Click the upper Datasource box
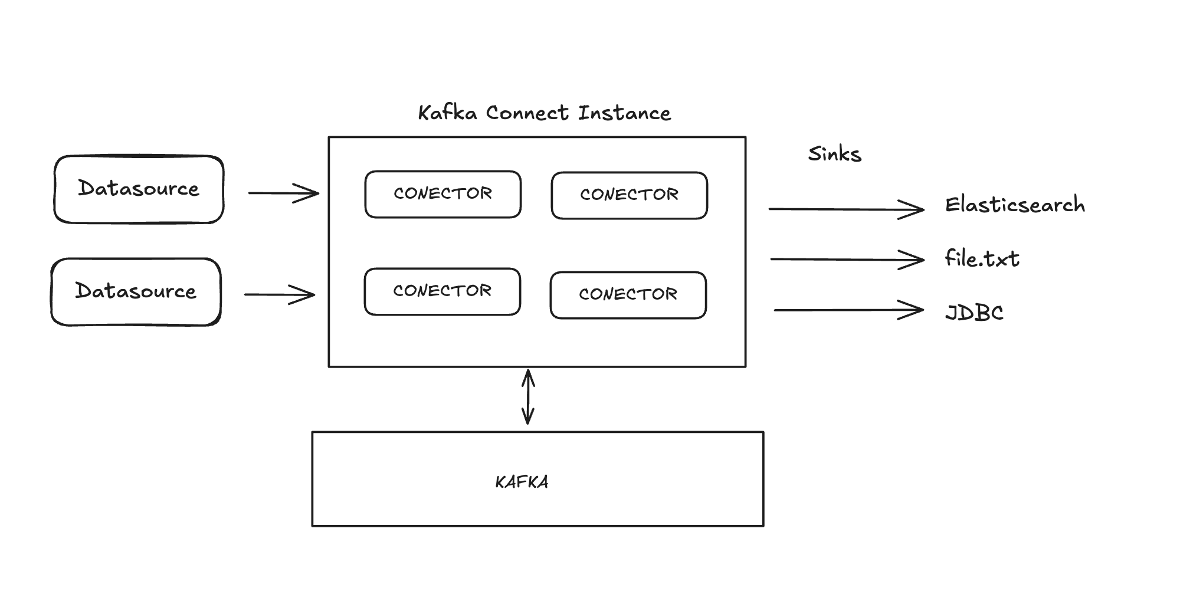pos(139,189)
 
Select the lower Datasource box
pos(136,292)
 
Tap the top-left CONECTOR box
pos(443,195)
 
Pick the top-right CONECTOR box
pos(630,196)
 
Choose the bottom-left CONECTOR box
pos(442,292)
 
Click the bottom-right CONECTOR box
pos(628,296)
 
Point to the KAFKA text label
pos(522,482)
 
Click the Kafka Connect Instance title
pos(545,113)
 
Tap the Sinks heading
pos(835,154)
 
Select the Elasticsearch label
pos(1015,205)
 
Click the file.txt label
pos(982,258)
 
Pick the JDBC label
pos(974,312)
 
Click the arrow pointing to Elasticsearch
pos(847,209)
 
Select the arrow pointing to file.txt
pos(847,260)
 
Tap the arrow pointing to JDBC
pos(849,310)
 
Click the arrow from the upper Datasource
pos(284,193)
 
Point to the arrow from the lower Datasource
pos(280,294)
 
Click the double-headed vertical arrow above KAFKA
pos(528,397)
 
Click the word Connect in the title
pos(528,113)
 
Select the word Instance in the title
pos(625,113)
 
